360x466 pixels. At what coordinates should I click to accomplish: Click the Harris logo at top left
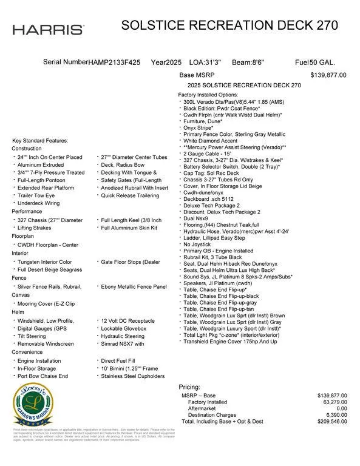click(x=49, y=30)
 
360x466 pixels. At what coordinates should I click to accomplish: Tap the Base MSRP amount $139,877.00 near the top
click(x=328, y=75)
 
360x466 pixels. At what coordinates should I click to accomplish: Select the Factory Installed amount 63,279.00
click(x=331, y=402)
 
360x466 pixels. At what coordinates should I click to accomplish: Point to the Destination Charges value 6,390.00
click(x=333, y=415)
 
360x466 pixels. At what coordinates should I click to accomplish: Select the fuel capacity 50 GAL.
click(x=322, y=62)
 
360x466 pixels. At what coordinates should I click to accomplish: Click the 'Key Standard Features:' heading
click(x=40, y=141)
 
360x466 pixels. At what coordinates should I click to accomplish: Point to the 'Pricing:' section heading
click(x=189, y=387)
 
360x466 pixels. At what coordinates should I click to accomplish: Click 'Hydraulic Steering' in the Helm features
click(x=123, y=336)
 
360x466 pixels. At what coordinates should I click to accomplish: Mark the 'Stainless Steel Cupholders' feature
click(x=133, y=376)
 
